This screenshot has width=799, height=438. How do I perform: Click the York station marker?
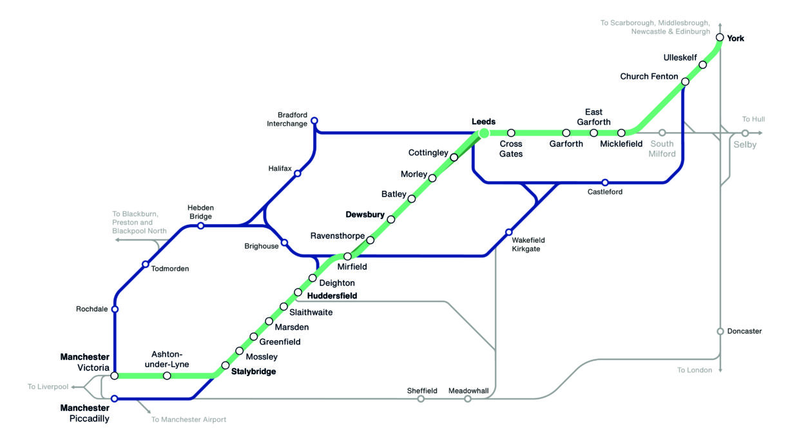(720, 37)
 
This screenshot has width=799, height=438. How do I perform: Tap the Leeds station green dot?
(483, 133)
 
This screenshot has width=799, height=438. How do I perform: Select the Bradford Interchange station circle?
(314, 120)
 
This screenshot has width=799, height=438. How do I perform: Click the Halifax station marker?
(297, 173)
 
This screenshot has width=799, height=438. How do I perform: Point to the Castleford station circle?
(604, 182)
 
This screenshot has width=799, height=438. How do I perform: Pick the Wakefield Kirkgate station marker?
(508, 232)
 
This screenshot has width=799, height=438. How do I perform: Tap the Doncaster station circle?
(720, 332)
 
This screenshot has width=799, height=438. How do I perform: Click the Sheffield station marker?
(421, 399)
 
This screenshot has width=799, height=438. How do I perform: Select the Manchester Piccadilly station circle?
(114, 399)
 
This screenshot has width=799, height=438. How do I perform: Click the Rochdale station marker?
(115, 309)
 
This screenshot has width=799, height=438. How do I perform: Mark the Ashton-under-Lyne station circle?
(167, 376)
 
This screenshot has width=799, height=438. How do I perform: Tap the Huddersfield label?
(332, 296)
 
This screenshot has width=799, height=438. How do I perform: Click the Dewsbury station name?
(365, 214)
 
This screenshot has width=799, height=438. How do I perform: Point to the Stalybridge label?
(253, 372)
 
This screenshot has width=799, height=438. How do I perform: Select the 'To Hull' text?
(753, 120)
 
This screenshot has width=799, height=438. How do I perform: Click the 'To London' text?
(695, 370)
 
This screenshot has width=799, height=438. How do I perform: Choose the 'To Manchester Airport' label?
(189, 420)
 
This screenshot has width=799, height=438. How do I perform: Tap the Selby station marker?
(745, 133)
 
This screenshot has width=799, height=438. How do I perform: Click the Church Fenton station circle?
(685, 82)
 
